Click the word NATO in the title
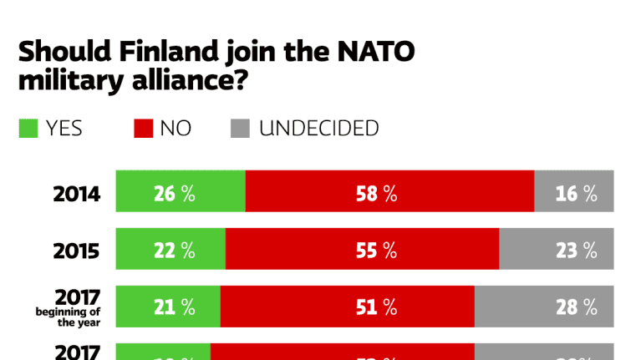pyautogui.click(x=374, y=52)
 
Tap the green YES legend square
pyautogui.click(x=29, y=129)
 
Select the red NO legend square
pyautogui.click(x=143, y=129)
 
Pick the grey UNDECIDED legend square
pyautogui.click(x=240, y=129)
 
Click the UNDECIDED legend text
pyautogui.click(x=318, y=129)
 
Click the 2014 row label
pyautogui.click(x=77, y=195)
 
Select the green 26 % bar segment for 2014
pyautogui.click(x=180, y=191)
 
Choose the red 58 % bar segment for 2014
pyautogui.click(x=389, y=191)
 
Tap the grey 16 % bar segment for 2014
pyautogui.click(x=574, y=191)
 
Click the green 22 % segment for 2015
pyautogui.click(x=170, y=249)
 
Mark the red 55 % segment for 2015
pyautogui.click(x=363, y=249)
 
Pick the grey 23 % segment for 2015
pyautogui.click(x=557, y=249)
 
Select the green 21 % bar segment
pyautogui.click(x=167, y=307)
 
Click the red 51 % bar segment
pyautogui.click(x=348, y=307)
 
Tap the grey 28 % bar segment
pyautogui.click(x=544, y=307)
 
